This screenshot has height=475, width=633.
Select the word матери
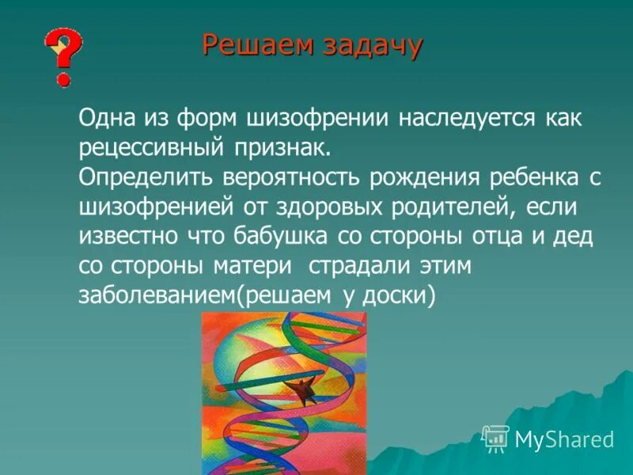[253, 266]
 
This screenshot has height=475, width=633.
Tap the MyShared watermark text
[563, 439]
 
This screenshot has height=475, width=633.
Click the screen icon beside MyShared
[496, 438]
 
